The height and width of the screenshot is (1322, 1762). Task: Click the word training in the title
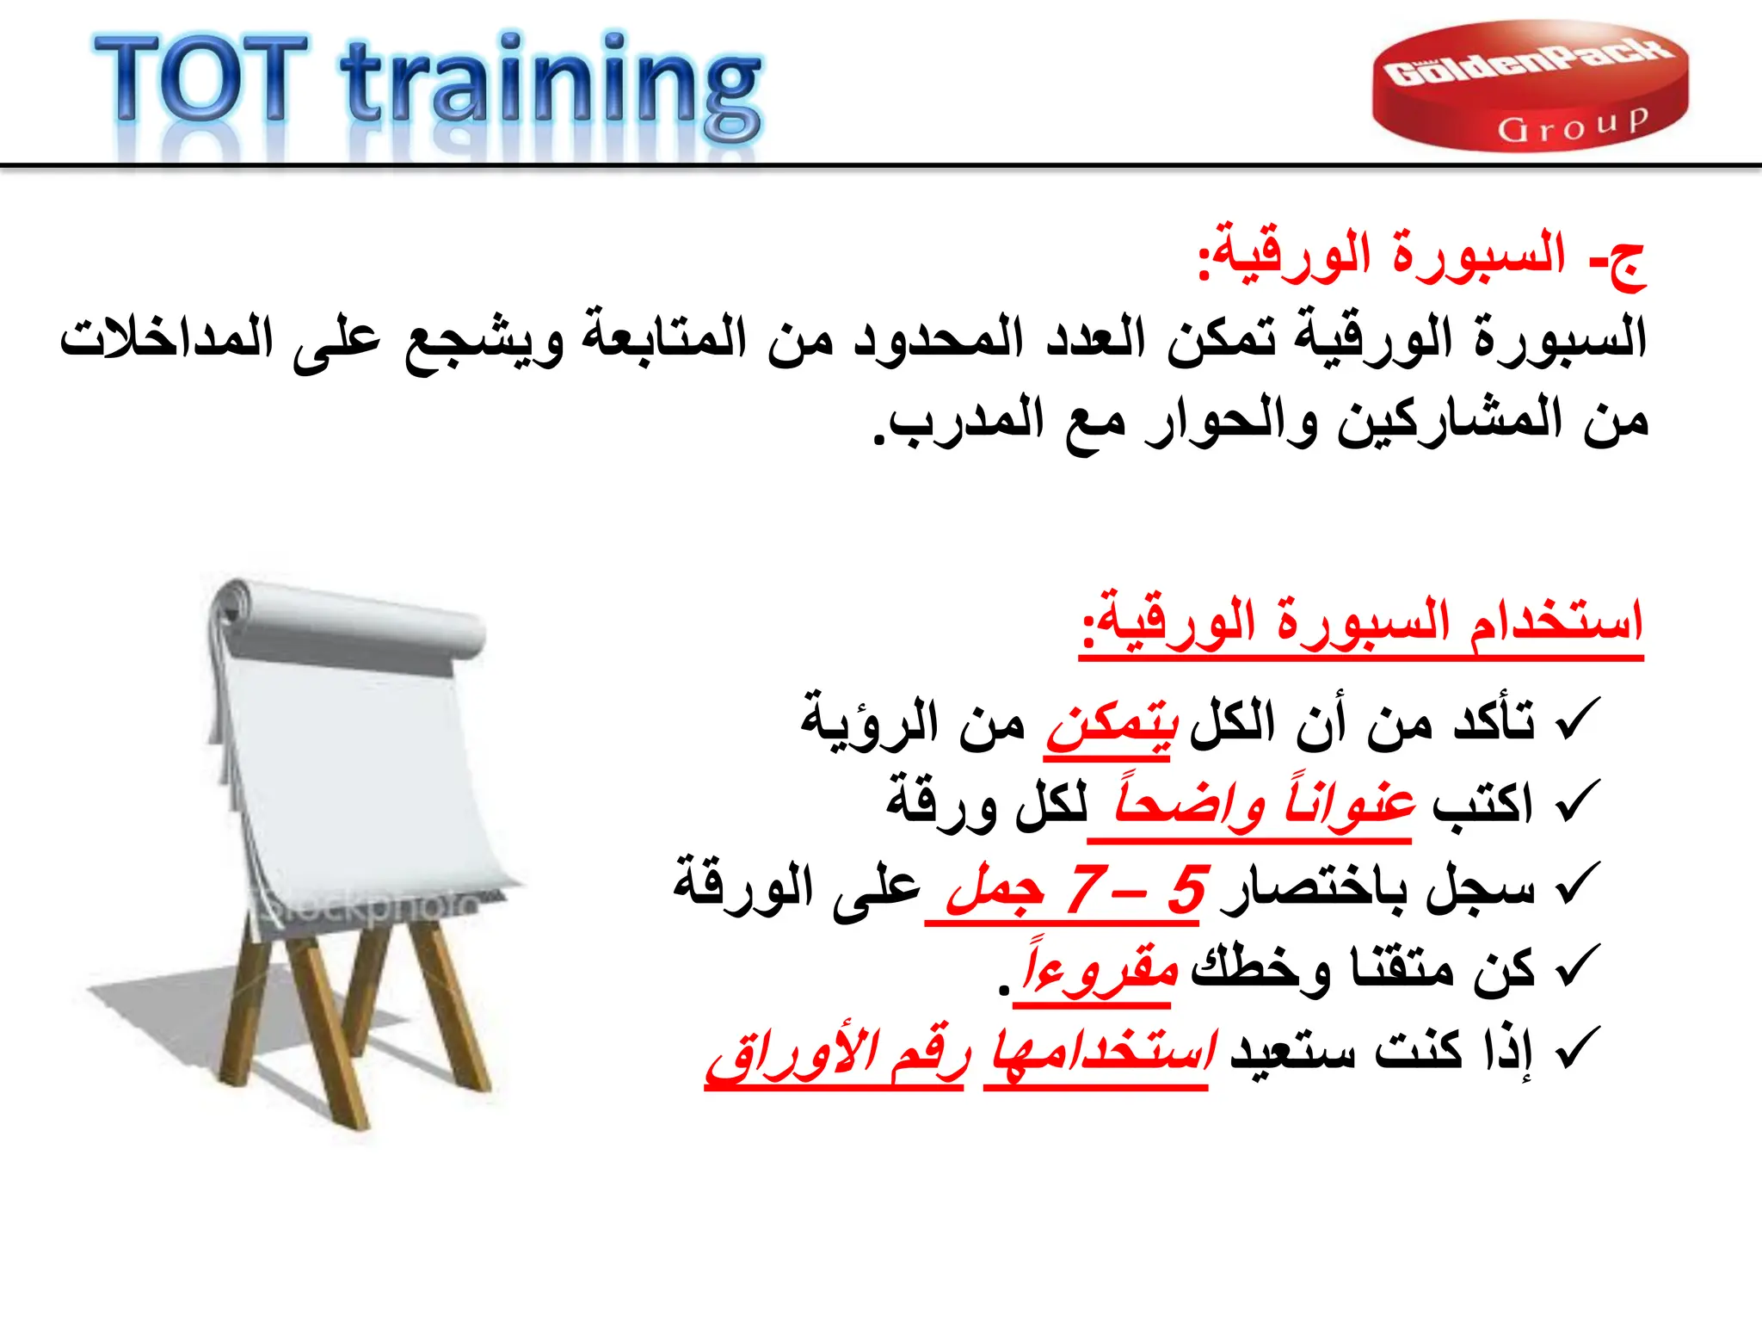click(551, 86)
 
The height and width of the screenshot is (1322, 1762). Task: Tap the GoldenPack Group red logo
click(1530, 86)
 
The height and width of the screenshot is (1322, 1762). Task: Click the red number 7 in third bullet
click(1086, 889)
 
